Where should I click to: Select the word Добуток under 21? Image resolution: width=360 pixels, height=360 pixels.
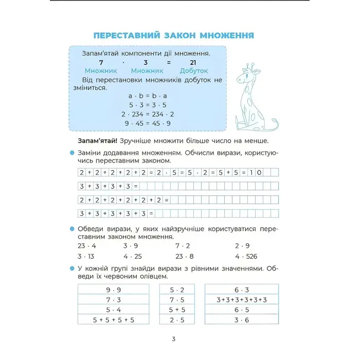pos(194,71)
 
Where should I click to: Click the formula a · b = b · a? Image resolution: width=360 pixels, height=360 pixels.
pos(148,96)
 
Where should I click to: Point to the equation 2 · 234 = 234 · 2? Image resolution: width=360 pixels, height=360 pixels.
pos(148,114)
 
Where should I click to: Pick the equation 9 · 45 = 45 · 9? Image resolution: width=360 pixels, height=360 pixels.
pos(148,123)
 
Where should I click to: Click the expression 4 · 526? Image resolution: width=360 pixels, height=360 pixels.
pos(246,256)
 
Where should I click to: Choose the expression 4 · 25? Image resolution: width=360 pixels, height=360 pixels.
pos(132,256)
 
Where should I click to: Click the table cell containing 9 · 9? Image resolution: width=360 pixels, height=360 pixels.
pos(113,290)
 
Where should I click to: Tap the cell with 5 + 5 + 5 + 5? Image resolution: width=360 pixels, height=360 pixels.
pos(113,319)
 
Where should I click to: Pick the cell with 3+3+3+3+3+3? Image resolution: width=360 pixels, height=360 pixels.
pos(241,300)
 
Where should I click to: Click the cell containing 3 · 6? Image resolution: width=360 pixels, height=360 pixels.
pos(241,319)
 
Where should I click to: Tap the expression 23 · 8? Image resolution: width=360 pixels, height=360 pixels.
pos(184,256)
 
